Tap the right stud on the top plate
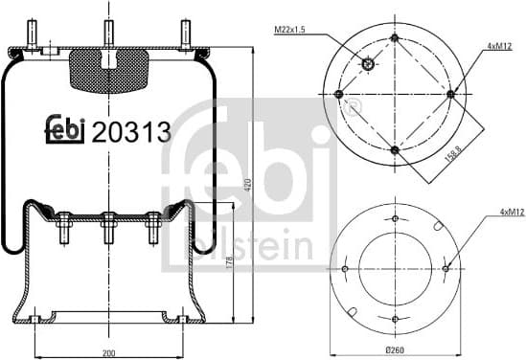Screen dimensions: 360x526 (x=182, y=34)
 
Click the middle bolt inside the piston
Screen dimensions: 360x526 (x=108, y=230)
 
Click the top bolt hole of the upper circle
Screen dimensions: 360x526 (x=395, y=38)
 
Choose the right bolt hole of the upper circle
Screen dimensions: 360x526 (x=449, y=94)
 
